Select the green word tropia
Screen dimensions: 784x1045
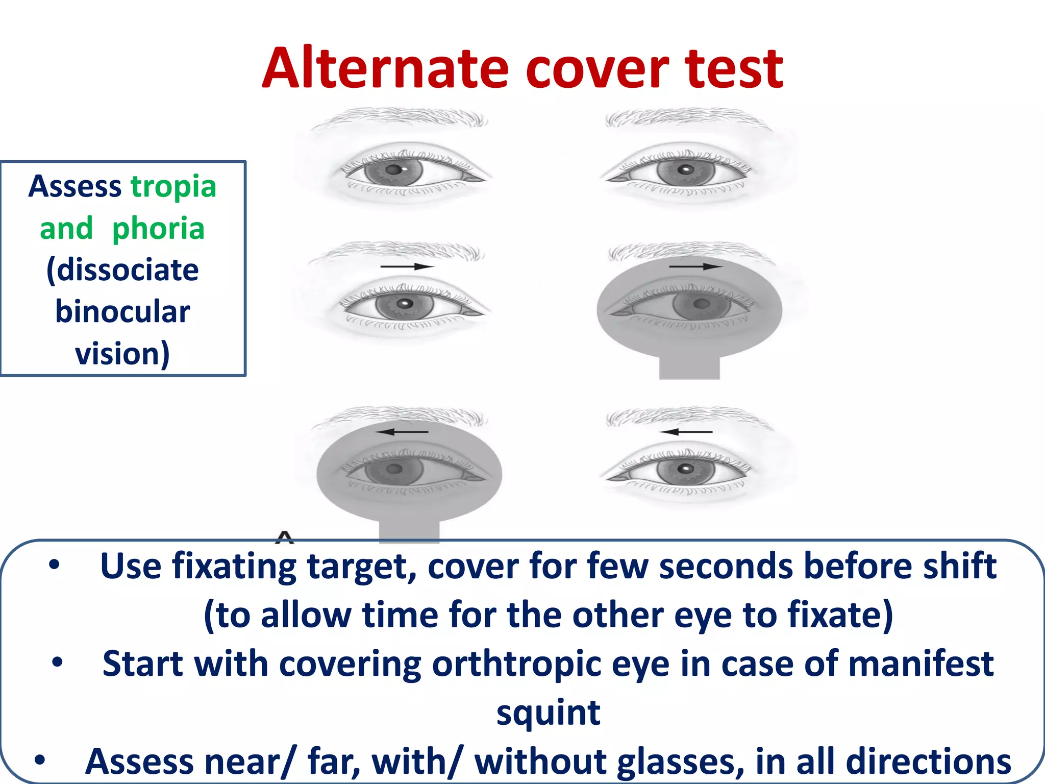pyautogui.click(x=173, y=187)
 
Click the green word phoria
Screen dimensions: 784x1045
pyautogui.click(x=158, y=229)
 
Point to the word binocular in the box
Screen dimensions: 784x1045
pyautogui.click(x=122, y=312)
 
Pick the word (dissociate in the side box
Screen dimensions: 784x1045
pyautogui.click(x=122, y=270)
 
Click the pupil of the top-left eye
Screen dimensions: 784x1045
pyautogui.click(x=393, y=170)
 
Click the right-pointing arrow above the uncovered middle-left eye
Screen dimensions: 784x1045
pyautogui.click(x=407, y=266)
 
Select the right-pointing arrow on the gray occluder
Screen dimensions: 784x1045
pyautogui.click(x=695, y=266)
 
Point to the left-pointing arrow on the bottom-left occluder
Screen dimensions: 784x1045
pyautogui.click(x=402, y=432)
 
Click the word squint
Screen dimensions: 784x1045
pyautogui.click(x=549, y=713)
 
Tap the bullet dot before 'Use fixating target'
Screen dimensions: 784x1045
pyautogui.click(x=55, y=565)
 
